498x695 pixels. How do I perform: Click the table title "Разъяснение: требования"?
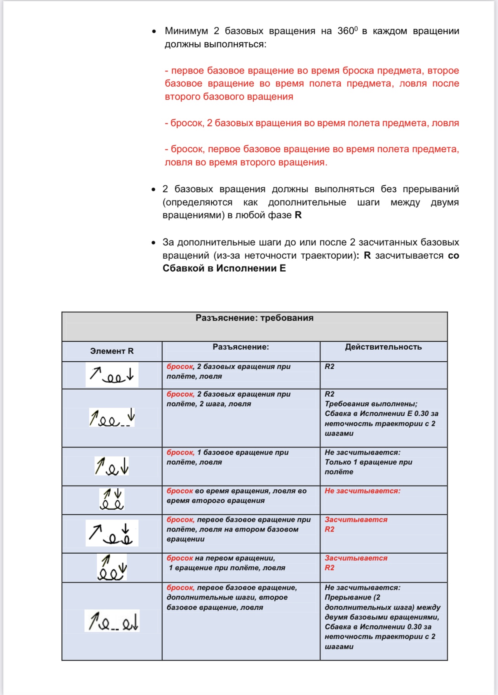point(254,318)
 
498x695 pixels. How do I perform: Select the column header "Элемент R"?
point(112,351)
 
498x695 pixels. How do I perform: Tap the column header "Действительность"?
point(383,347)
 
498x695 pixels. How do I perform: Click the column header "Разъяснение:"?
point(240,347)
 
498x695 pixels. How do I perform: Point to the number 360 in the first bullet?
point(345,31)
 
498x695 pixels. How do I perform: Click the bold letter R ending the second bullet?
point(298,215)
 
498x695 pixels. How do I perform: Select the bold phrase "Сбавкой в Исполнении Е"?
point(224,268)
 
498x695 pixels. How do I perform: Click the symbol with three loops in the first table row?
point(112,375)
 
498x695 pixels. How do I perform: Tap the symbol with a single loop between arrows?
point(112,466)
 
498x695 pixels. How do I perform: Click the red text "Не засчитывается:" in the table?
point(362,491)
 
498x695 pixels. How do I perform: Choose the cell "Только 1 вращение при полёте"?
point(368,467)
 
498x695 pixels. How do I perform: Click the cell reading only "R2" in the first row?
point(329,367)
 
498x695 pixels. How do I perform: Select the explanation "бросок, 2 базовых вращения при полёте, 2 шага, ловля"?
point(228,399)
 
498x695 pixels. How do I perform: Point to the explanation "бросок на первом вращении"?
point(221,558)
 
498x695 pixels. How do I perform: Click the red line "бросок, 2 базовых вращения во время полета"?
point(312,123)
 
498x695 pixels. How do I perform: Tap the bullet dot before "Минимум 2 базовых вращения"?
point(154,31)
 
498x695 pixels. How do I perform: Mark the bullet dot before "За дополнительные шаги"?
point(153,243)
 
